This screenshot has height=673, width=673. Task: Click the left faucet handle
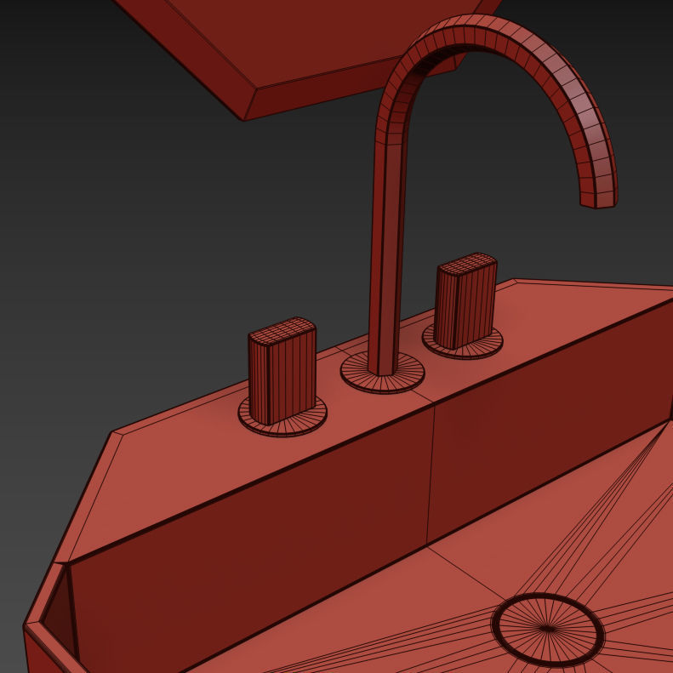pos(282,374)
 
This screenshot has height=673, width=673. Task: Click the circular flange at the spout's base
pos(382,374)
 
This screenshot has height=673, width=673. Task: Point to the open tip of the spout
pos(597,200)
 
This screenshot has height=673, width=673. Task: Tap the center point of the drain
pos(546,629)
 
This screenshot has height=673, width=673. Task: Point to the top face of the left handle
pos(282,328)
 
